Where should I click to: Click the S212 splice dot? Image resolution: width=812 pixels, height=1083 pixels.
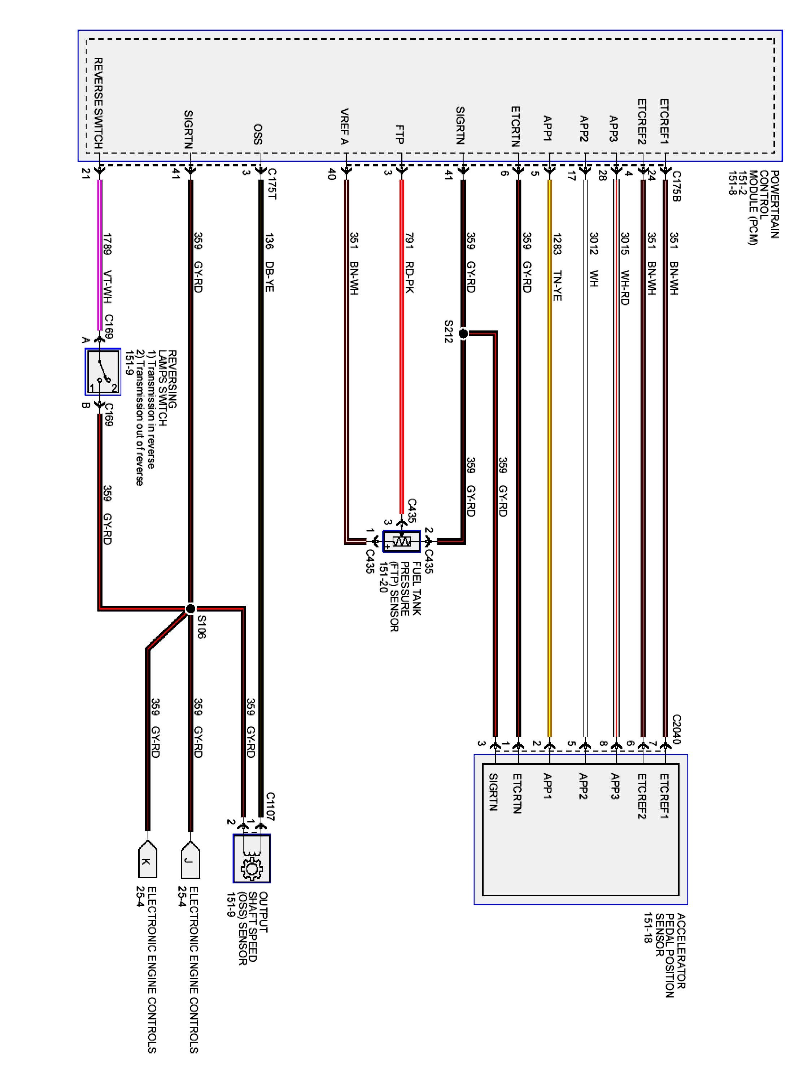[x=463, y=334]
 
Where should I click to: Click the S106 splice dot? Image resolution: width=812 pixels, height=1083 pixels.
[x=191, y=609]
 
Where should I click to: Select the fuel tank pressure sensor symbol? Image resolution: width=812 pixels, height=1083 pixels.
[x=401, y=541]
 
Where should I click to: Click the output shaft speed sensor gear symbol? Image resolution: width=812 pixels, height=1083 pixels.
[x=252, y=868]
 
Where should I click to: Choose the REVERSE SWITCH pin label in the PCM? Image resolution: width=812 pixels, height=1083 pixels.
[x=98, y=103]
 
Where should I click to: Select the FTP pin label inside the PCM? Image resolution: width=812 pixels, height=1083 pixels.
[x=400, y=134]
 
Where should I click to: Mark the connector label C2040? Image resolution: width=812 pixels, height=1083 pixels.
[x=676, y=729]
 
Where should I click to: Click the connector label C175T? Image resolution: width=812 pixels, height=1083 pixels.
[x=272, y=184]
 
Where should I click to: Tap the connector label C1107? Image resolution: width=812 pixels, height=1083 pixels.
[x=270, y=805]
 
